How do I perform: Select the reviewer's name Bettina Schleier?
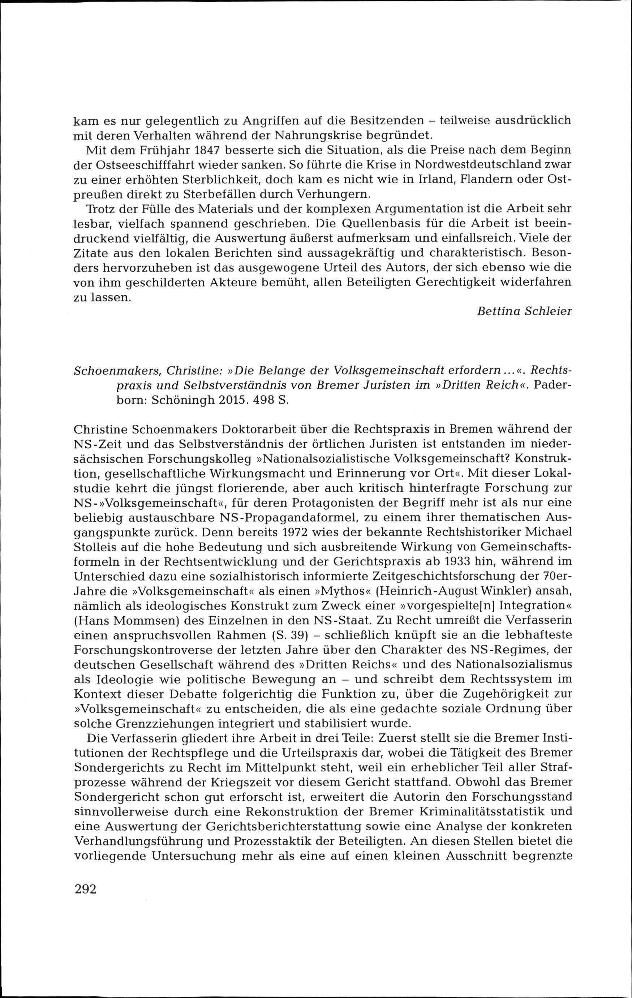525,312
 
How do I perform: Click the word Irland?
426,179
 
